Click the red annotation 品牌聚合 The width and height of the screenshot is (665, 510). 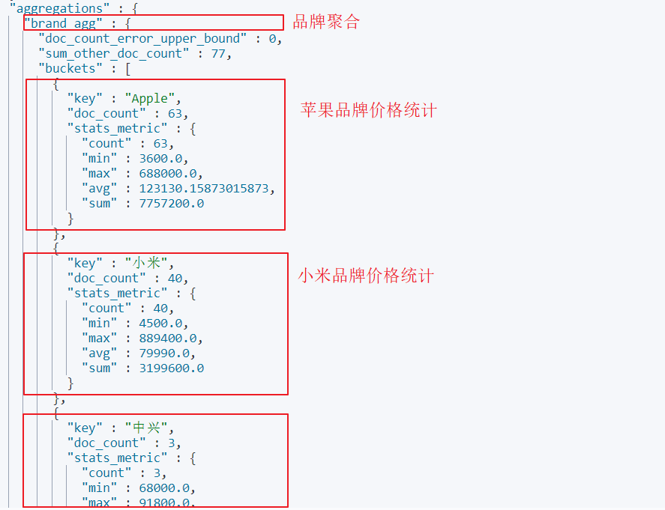[326, 22]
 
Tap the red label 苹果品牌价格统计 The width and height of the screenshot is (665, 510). [369, 111]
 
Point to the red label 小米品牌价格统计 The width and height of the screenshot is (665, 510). [366, 276]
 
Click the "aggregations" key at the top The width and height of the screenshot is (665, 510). [58, 8]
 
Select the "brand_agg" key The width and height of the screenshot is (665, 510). [64, 23]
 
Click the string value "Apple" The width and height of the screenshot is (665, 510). [152, 98]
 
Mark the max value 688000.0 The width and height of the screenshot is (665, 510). [163, 173]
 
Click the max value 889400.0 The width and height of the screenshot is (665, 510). [163, 338]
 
